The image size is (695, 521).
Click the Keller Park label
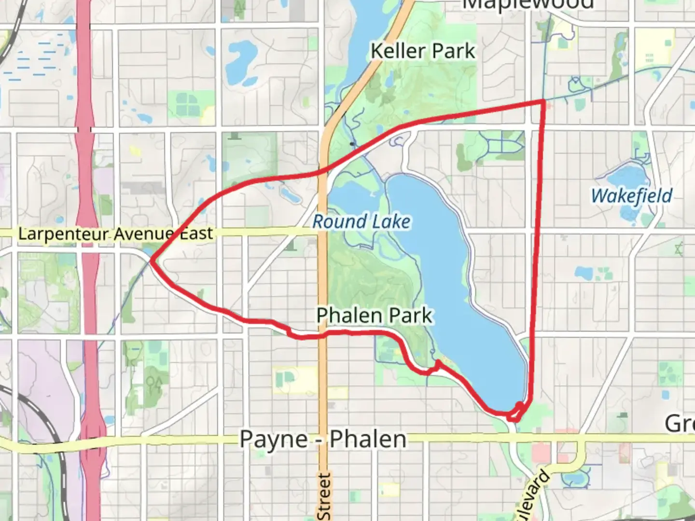coord(423,51)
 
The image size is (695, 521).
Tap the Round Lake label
coord(361,221)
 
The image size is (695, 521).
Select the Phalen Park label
coord(375,315)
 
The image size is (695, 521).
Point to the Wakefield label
coord(631,196)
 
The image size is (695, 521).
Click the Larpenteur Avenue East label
coord(115,234)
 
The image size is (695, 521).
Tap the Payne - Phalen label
coord(323,439)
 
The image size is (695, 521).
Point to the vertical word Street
coord(324,497)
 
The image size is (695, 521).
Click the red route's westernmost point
coord(152,260)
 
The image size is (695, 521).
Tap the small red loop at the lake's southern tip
coord(517,411)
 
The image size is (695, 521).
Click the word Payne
coord(274,439)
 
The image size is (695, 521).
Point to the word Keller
coord(398,51)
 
